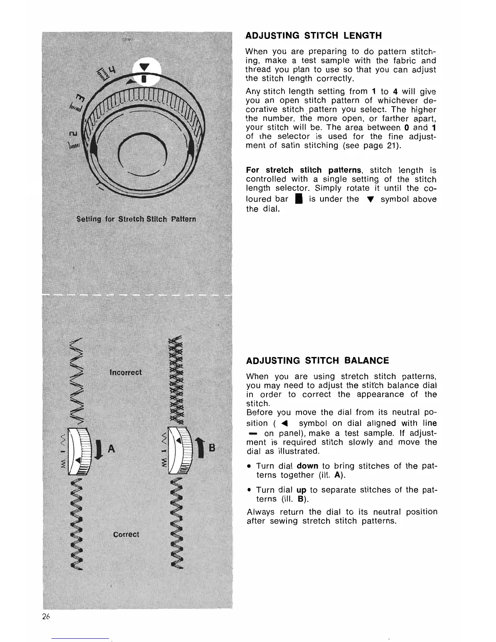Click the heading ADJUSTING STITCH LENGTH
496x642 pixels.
click(314, 36)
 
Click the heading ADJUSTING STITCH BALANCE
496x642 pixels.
click(317, 361)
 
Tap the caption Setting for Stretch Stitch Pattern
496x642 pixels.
click(136, 219)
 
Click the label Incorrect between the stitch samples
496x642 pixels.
click(126, 372)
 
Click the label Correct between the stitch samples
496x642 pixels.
click(126, 534)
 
